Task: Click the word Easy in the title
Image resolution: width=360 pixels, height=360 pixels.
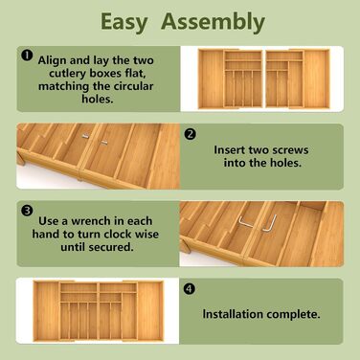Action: (x=124, y=23)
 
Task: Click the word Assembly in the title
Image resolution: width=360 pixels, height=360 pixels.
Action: (x=213, y=22)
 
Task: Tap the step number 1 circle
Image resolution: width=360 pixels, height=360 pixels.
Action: (x=27, y=56)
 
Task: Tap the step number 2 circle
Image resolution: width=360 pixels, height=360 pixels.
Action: (x=191, y=134)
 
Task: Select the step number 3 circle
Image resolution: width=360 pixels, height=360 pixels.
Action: (x=27, y=211)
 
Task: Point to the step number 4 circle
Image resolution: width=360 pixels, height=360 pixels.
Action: (x=190, y=289)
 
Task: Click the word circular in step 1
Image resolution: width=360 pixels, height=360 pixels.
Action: (x=132, y=86)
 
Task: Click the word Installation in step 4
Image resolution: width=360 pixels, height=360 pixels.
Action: (x=233, y=314)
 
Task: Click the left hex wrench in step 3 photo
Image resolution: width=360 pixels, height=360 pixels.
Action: (x=245, y=222)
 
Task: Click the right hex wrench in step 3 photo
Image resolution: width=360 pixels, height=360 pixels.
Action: (x=269, y=224)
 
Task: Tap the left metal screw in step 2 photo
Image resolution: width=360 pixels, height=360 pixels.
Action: (x=85, y=136)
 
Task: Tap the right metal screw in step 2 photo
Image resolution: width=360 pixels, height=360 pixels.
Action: (x=103, y=143)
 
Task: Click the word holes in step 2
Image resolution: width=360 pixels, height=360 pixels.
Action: (x=285, y=163)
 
